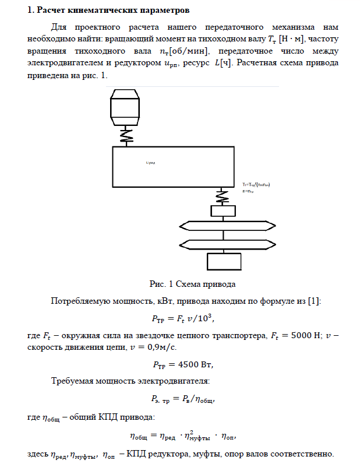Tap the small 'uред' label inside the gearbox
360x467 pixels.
150,163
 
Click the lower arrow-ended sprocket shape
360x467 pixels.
222,243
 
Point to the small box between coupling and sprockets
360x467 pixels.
222,211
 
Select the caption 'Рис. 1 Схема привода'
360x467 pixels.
192,285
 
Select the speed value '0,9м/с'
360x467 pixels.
160,347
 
